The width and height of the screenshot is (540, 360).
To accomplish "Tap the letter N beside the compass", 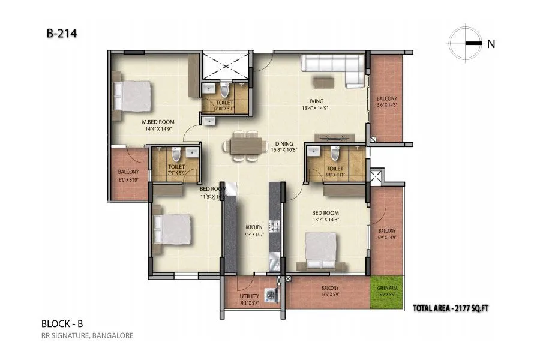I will tap(491, 43).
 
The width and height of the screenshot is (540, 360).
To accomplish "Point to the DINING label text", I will tap(284, 144).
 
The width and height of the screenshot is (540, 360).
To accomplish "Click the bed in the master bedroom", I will tap(132, 97).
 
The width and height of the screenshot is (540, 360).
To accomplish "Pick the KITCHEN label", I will tap(254, 227).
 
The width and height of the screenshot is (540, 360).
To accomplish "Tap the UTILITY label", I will tap(248, 296).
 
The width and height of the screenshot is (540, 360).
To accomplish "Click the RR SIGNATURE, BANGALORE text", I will tap(87, 335).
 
